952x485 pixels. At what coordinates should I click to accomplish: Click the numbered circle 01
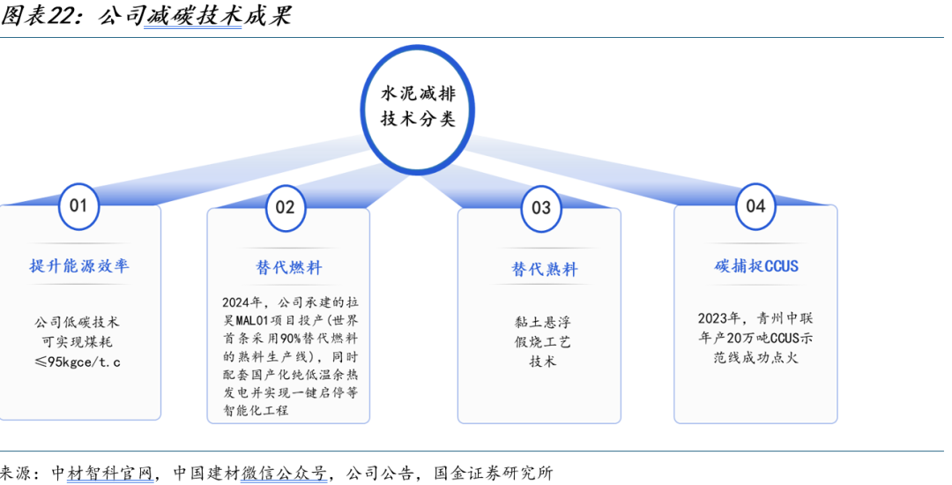pyautogui.click(x=78, y=206)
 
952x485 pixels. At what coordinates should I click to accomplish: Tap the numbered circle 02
pyautogui.click(x=285, y=207)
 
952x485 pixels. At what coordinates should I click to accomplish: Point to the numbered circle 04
pyautogui.click(x=755, y=206)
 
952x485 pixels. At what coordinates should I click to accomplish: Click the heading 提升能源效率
pyautogui.click(x=79, y=265)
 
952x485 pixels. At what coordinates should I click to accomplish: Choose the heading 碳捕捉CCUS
pyautogui.click(x=756, y=265)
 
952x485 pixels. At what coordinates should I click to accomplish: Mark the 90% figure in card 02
pyautogui.click(x=291, y=339)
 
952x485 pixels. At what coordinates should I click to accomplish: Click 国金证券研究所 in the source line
pyautogui.click(x=494, y=473)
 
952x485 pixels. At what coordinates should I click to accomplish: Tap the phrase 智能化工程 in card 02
pyautogui.click(x=255, y=411)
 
